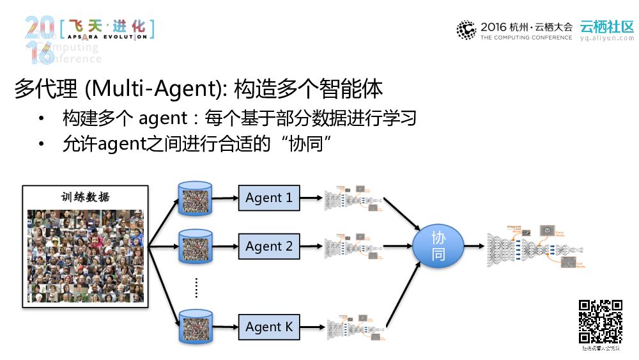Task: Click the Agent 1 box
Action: tap(269, 198)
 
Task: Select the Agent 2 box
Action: tap(269, 246)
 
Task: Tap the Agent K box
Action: tap(269, 327)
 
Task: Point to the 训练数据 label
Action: tap(86, 197)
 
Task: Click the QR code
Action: tap(601, 322)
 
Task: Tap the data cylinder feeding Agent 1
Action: tap(196, 198)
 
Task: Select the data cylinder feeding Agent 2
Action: tap(196, 247)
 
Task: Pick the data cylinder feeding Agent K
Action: tap(196, 327)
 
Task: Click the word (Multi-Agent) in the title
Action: tap(156, 90)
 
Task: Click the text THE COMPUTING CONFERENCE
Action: tap(526, 38)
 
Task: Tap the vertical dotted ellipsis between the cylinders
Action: tap(196, 288)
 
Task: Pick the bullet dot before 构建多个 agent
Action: tap(42, 119)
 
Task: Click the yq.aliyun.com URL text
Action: tap(606, 38)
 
